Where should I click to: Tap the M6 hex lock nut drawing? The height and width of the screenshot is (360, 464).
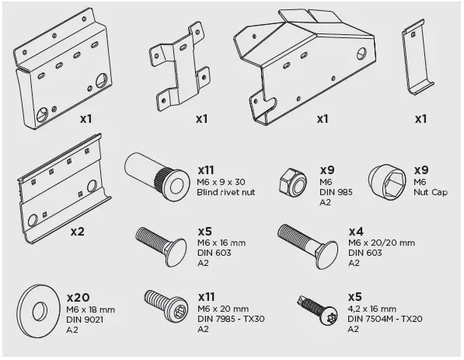tap(293, 183)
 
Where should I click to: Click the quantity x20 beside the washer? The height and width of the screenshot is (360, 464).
tap(79, 297)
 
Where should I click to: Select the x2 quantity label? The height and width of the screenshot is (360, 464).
tap(78, 231)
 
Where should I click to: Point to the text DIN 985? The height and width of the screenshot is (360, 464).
tap(337, 192)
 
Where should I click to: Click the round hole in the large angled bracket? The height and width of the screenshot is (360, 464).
tap(361, 53)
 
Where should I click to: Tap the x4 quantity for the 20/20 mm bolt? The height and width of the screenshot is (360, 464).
tap(355, 231)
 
